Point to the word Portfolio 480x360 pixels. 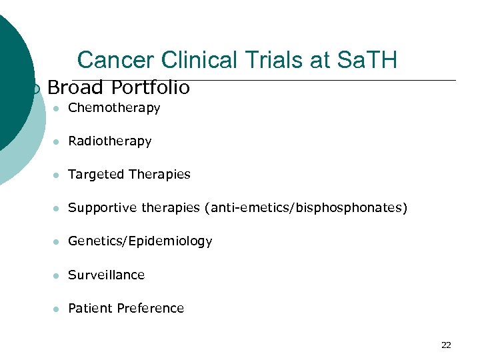151,87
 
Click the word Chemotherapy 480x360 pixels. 114,108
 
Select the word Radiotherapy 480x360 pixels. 110,141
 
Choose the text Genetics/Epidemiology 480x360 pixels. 140,241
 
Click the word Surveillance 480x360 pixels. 107,275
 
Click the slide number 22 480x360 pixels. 446,345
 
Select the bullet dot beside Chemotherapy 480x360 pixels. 57,109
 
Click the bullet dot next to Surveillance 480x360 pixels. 57,275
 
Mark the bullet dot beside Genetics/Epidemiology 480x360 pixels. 57,242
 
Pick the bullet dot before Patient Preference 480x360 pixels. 57,309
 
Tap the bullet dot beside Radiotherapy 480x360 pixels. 57,142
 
